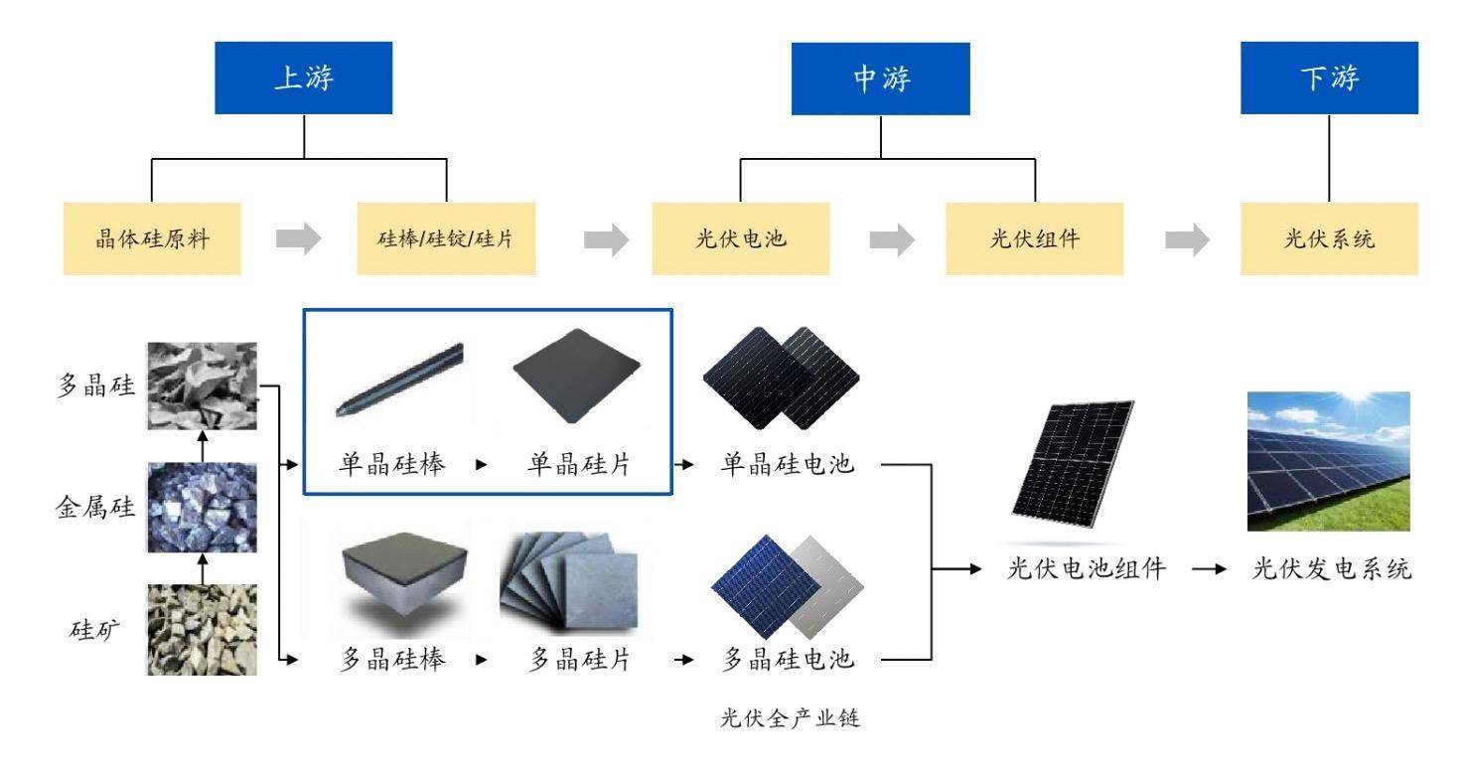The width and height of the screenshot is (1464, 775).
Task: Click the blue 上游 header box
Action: pos(304,77)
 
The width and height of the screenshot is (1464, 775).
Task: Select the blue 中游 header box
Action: pos(880,78)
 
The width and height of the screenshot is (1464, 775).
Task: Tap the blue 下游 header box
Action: pos(1329,78)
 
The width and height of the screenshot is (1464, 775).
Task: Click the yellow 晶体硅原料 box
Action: pos(152,239)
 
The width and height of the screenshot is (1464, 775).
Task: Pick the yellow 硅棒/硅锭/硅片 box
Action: pos(446,239)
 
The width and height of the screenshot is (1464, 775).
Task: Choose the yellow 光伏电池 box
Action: pos(741,239)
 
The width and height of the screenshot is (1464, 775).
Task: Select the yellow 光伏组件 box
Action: pos(1034,239)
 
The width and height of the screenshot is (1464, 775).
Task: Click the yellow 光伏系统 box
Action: pos(1329,239)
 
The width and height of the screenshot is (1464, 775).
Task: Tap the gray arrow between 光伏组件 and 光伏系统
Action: pos(1186,239)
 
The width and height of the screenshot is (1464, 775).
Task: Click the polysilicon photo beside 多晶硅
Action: pos(202,386)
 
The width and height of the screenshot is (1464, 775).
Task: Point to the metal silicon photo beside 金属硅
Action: pos(202,507)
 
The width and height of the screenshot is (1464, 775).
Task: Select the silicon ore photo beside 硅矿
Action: pos(202,630)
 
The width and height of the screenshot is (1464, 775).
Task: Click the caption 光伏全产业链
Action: pos(790,718)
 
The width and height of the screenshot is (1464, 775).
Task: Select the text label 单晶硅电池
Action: pos(788,464)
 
